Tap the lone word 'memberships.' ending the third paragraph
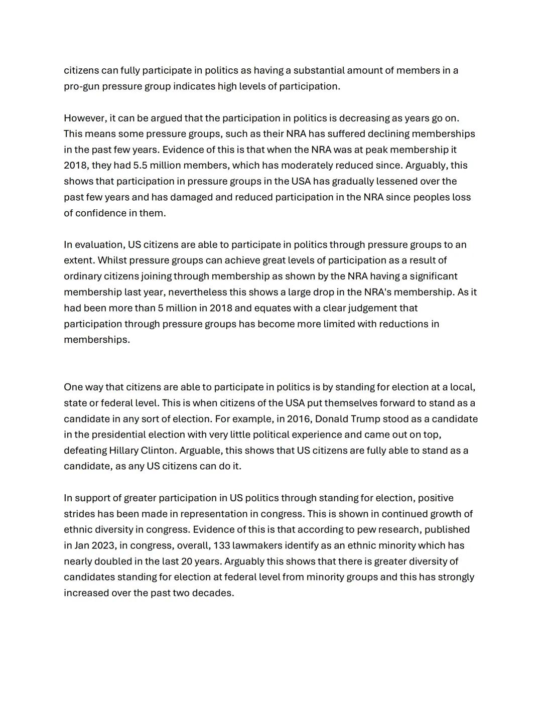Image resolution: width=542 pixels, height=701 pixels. [x=97, y=340]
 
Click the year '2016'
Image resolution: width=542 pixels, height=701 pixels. [x=299, y=419]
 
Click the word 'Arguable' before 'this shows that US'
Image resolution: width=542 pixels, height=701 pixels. [x=199, y=451]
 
